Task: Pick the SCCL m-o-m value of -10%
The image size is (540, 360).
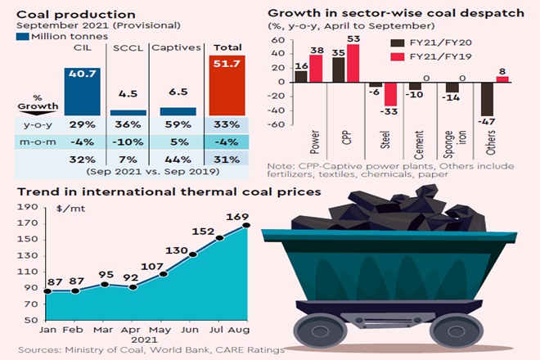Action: pos(127,142)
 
